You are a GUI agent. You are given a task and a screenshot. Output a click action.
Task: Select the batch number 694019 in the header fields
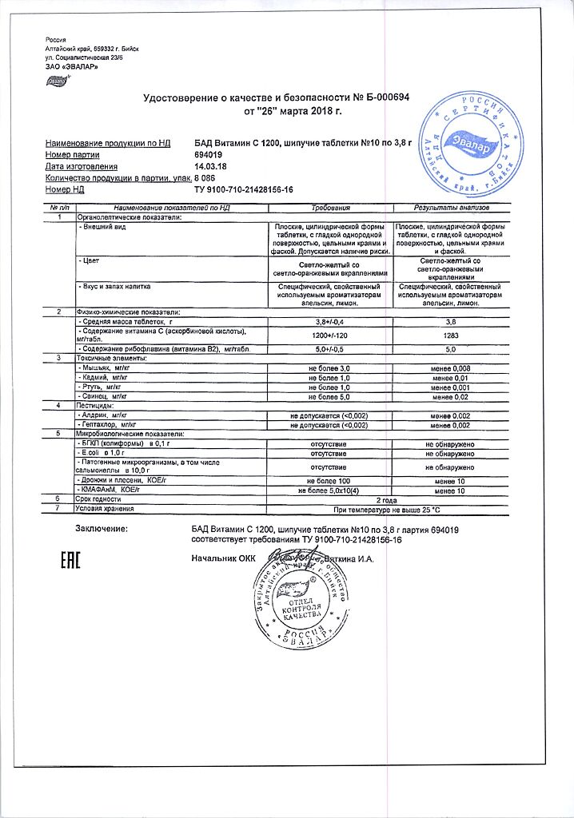tap(208, 154)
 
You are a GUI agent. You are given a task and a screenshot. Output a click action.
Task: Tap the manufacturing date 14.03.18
tap(210, 166)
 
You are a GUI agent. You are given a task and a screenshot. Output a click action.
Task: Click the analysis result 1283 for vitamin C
tap(449, 336)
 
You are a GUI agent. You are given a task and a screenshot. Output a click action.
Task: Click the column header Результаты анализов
tap(449, 207)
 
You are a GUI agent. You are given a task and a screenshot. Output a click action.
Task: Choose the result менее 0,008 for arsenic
tap(449, 367)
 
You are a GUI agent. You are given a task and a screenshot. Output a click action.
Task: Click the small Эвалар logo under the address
tap(58, 80)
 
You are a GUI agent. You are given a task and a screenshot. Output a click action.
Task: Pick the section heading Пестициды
tap(98, 406)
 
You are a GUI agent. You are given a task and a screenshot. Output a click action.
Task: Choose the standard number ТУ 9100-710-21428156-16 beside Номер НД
tap(244, 189)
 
